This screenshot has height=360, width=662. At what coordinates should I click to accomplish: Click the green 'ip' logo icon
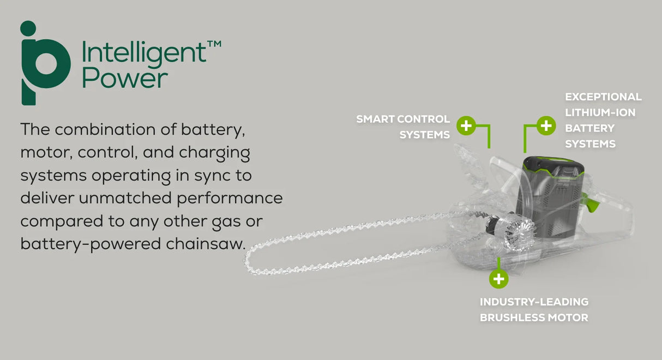coord(44,64)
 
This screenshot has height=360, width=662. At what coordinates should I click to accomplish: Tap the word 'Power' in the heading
coord(125,79)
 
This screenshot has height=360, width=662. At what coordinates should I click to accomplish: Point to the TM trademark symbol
coord(214,44)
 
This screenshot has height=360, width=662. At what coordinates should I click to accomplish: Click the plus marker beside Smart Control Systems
coord(466,125)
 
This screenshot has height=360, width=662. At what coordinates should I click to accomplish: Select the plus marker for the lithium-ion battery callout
coord(546,125)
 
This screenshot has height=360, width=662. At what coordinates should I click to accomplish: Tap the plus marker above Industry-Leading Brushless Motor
coord(498,279)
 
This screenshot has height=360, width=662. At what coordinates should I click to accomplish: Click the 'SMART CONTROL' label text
coord(403,119)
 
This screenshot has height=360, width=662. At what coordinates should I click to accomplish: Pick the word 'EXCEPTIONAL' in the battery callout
coord(603,97)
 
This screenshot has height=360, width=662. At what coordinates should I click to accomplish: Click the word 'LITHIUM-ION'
coord(600,112)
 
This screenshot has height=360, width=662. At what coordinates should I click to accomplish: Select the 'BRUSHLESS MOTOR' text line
coord(534,318)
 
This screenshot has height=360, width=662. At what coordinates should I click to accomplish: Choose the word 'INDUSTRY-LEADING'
coord(534,302)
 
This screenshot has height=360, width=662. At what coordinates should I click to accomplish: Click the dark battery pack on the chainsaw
coord(548,196)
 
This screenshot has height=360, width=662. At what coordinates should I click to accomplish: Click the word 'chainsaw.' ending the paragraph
coord(206,244)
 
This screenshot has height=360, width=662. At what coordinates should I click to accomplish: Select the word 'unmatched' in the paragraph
coord(125,198)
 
